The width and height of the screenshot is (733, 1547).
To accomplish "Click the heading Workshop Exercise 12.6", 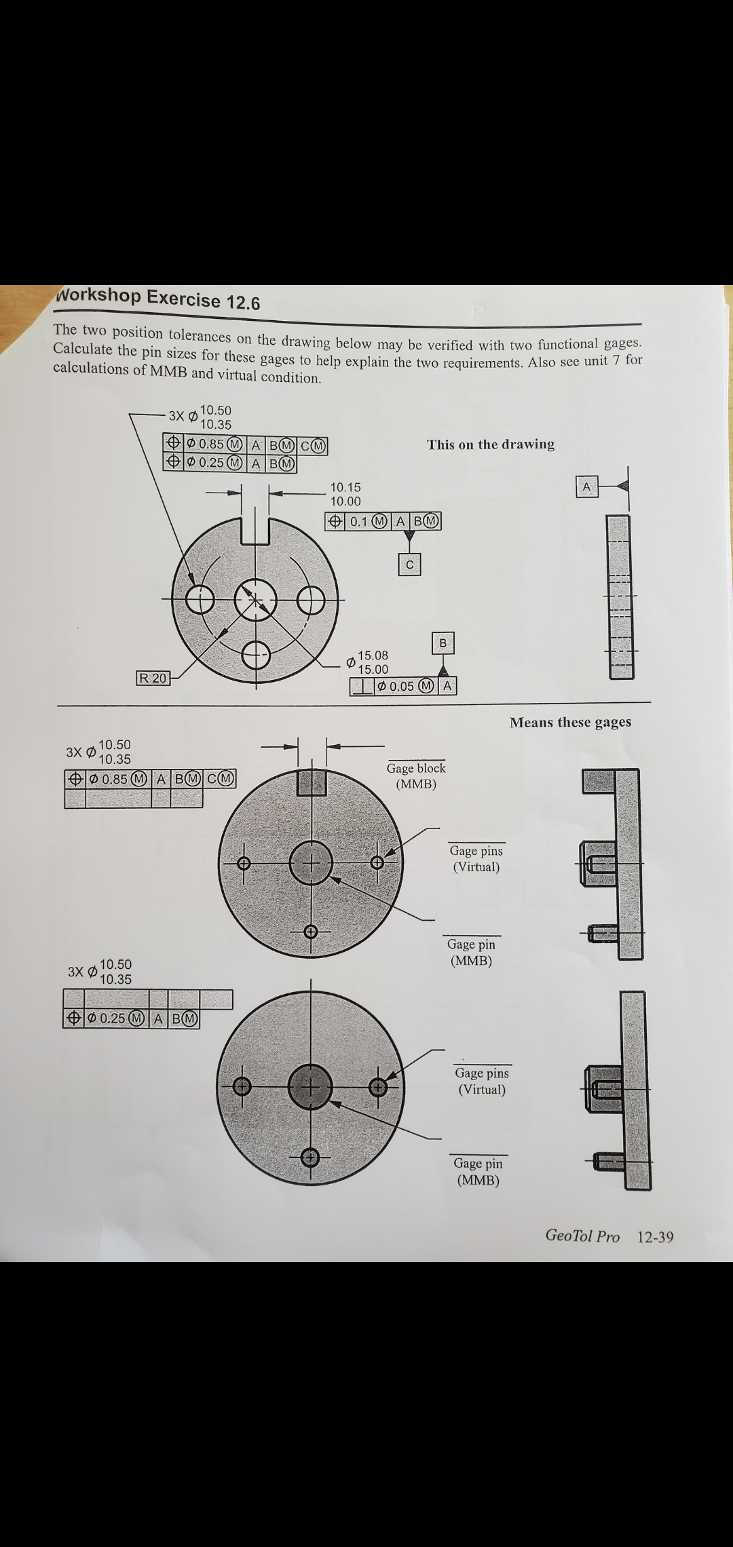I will (x=157, y=299).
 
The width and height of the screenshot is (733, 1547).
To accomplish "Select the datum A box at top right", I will (x=586, y=486).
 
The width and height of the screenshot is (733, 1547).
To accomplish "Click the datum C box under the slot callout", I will (x=409, y=565).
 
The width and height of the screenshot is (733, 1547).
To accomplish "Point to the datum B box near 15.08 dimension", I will (x=443, y=643).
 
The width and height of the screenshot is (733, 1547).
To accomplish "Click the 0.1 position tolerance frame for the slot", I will (x=383, y=521).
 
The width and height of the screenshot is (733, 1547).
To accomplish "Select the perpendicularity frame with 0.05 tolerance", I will (x=403, y=686).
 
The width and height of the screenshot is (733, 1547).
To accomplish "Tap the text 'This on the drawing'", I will (x=490, y=444).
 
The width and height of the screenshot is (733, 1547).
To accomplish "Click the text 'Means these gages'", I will (x=570, y=722).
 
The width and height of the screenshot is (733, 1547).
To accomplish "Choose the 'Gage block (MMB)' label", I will (x=416, y=776).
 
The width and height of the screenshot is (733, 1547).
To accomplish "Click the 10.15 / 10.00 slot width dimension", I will (x=345, y=494).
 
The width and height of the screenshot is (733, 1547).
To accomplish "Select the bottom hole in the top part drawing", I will (x=256, y=655).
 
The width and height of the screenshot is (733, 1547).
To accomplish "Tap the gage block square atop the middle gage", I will (x=312, y=782).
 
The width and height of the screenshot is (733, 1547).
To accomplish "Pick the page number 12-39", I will (x=655, y=1237).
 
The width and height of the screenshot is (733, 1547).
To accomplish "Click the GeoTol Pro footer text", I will (x=582, y=1236).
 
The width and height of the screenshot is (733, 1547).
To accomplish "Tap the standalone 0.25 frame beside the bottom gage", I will (x=132, y=1018).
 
